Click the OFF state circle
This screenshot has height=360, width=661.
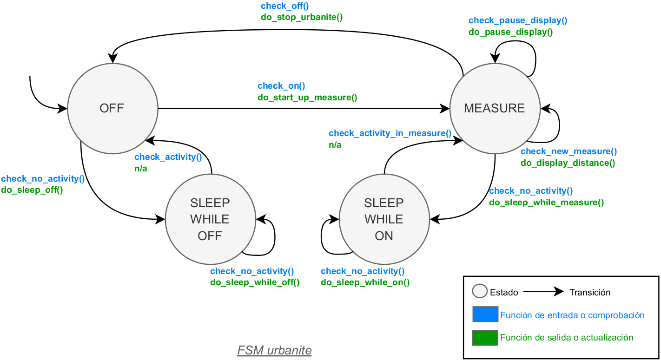pos(112,109)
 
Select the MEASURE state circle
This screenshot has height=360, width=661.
pos(495,109)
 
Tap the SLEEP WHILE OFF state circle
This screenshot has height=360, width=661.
pos(211,219)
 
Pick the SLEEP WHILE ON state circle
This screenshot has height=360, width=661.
pos(384,219)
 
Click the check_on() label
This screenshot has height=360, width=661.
pos(281,86)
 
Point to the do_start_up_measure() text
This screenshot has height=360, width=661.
pos(307,98)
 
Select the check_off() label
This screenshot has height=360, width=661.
pos(284,6)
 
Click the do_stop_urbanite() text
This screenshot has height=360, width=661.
pos(302,18)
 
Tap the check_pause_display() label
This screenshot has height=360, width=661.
pos(518,20)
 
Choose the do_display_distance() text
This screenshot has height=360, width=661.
pos(568,163)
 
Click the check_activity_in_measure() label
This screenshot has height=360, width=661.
pos(390,134)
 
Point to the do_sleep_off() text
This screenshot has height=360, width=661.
pos(32,190)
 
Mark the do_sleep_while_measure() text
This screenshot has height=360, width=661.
pos(546,203)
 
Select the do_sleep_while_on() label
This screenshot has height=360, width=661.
pos(365,282)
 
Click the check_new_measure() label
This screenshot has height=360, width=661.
pos(568,151)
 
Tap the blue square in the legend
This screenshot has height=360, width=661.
pos(485,314)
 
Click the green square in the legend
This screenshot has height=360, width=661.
pos(485,338)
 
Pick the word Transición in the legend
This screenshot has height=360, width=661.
pos(589,292)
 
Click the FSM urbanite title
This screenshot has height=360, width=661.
pos(274,350)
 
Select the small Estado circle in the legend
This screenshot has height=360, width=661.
pos(479,291)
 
